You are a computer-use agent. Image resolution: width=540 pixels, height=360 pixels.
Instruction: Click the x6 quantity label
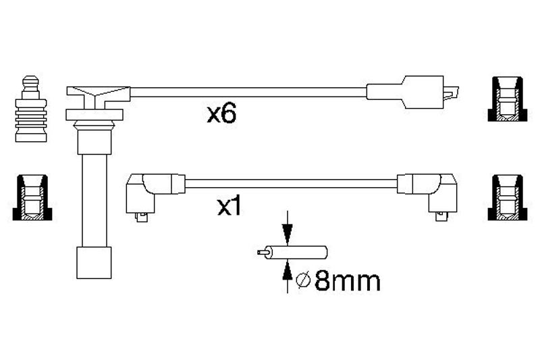point(221,114)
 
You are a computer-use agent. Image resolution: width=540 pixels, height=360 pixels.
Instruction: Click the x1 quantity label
point(230,207)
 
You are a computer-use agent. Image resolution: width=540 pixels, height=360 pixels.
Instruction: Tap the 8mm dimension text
point(348,281)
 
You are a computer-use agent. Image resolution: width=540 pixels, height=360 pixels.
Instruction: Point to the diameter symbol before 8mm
point(303,281)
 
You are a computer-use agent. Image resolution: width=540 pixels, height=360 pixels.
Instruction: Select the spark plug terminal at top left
point(31,109)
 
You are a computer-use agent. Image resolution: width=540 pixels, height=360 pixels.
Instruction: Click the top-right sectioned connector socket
point(508,99)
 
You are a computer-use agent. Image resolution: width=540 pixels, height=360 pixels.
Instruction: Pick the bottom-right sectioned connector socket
point(508,197)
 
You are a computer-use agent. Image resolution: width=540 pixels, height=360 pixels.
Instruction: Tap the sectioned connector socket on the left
point(32,197)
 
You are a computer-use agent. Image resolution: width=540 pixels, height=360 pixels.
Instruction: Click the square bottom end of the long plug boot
point(94,263)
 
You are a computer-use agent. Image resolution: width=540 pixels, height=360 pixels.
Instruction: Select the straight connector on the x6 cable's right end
point(412,93)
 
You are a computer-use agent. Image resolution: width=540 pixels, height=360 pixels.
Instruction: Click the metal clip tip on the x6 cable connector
point(452,93)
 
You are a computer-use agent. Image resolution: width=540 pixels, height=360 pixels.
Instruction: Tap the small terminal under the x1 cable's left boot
point(142,217)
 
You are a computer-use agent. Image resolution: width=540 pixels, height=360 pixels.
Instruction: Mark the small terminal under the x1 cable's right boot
point(441,217)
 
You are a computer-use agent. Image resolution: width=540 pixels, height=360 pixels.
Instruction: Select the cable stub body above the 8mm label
point(298,253)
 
